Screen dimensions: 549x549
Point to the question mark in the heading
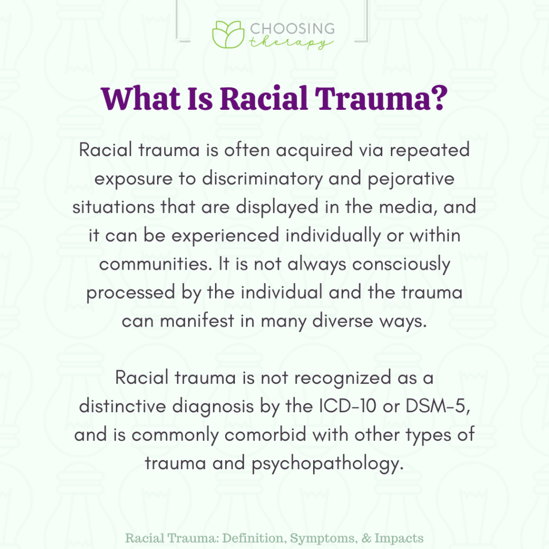click(x=437, y=100)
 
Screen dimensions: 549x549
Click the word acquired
click(x=307, y=150)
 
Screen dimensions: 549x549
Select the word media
click(x=404, y=206)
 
